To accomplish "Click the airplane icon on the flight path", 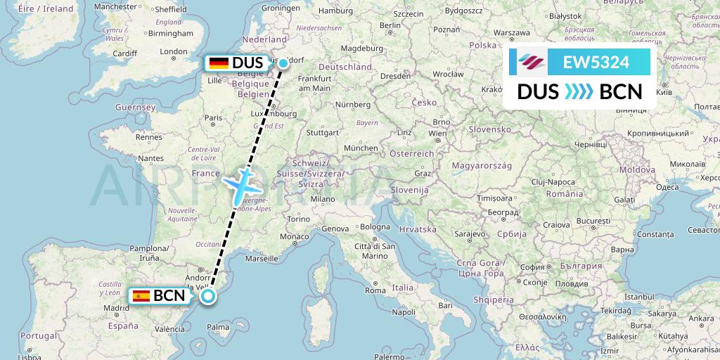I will pos(240,184).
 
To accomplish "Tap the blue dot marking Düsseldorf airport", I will pos(283,63).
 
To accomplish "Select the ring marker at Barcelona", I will pos(208,296).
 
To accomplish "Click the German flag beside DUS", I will pos(219,63).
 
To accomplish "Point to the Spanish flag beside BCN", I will pos(141,296).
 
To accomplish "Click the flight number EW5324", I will pos(596,63).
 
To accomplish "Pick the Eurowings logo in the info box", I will pos(532,63).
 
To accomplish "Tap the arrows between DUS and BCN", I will pos(579,91).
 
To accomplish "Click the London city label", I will pos(174,51).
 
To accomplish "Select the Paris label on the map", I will pos(209,119).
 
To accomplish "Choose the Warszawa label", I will pos(511,32).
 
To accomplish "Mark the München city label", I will pos(361,148).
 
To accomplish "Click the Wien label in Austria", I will pos(437,133).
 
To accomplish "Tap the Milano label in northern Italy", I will pos(323,198).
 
